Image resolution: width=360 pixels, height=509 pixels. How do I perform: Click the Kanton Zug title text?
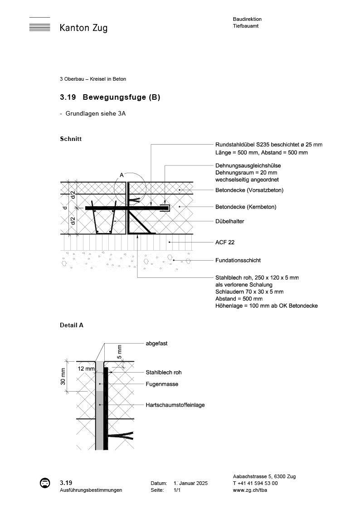pos(83,28)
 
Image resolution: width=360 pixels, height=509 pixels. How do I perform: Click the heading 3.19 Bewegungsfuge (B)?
pos(110,97)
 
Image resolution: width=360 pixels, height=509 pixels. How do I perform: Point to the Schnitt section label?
pos(71,139)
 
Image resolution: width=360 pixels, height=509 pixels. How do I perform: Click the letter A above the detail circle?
pos(121,175)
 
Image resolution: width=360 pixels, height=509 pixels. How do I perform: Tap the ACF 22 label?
pos(224,242)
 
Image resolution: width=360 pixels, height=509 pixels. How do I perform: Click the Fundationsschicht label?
pos(238,261)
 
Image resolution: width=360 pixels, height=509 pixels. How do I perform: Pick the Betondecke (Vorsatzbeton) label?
pos(249,190)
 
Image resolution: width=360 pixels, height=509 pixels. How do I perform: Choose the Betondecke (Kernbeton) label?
pos(245,207)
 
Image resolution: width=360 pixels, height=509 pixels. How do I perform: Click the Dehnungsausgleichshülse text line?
pos(248,166)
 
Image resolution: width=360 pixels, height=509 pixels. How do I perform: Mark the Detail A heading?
pos(72,325)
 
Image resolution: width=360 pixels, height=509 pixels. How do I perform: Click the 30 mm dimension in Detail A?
pos(63,376)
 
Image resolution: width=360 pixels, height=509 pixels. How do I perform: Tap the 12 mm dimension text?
pos(86,369)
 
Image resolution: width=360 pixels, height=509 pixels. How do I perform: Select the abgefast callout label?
pos(156,344)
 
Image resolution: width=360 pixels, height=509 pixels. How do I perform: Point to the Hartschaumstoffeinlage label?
pos(175,405)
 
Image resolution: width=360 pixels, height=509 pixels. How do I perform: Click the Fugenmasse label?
pos(162,384)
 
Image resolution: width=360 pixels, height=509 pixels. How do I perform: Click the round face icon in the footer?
pos(45,483)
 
